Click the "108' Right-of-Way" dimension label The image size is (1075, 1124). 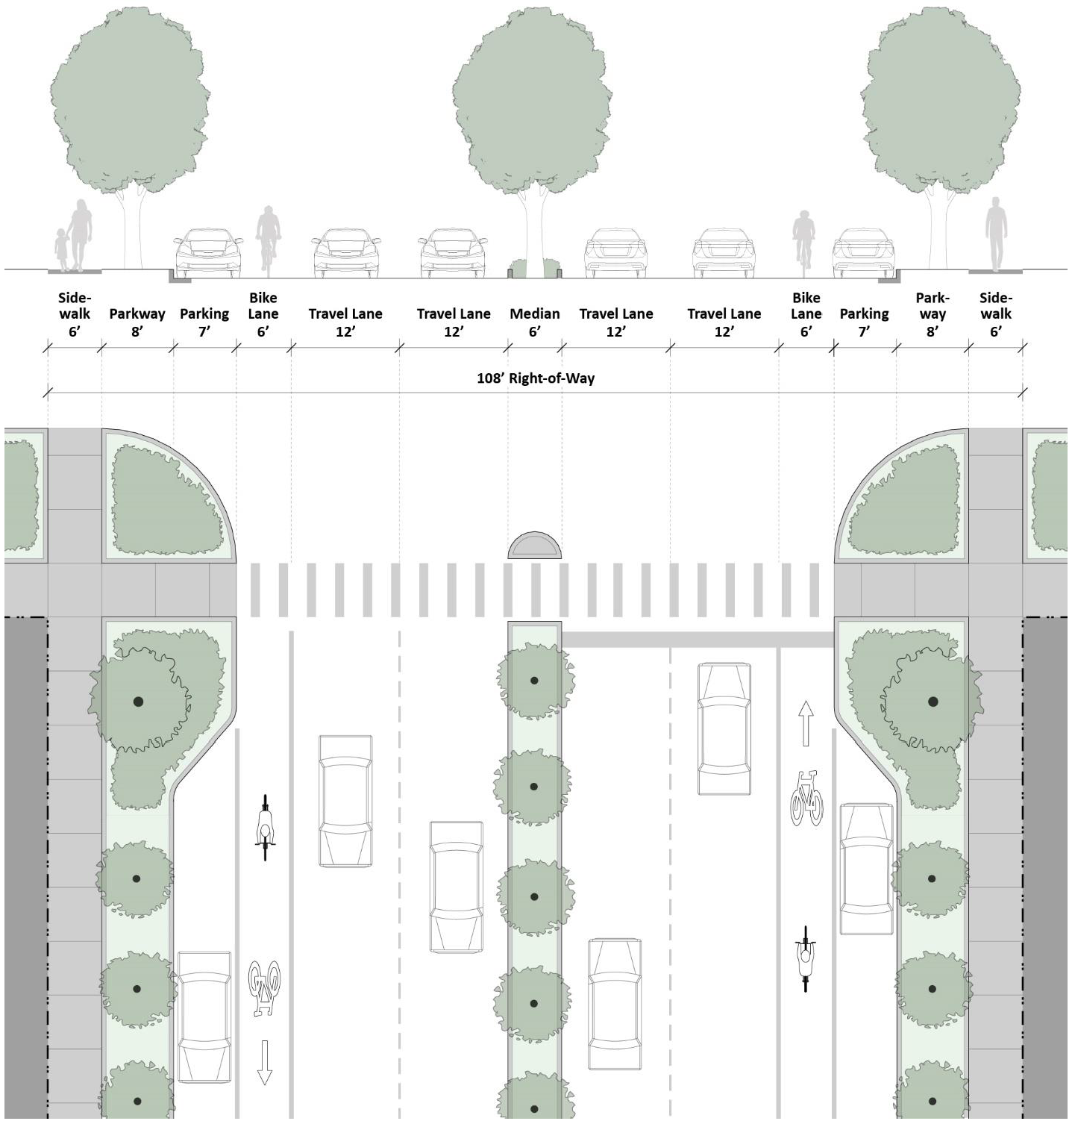[x=536, y=378]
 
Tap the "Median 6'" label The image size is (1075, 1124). [x=534, y=322]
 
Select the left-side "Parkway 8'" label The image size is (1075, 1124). [x=137, y=322]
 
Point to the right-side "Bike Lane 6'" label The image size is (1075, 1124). [x=806, y=314]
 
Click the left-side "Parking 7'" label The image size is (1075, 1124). [x=204, y=322]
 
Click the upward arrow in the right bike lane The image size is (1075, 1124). [x=806, y=722]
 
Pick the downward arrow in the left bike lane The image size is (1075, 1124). [x=264, y=1063]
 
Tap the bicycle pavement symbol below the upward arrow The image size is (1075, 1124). [x=806, y=798]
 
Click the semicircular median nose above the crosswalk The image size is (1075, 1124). [x=534, y=546]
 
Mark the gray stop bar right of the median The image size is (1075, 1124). [x=697, y=640]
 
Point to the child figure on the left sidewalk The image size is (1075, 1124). [x=61, y=249]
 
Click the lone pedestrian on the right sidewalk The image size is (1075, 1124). [x=995, y=233]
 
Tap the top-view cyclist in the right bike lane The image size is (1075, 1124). [x=806, y=958]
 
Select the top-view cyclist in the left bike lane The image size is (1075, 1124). [x=265, y=828]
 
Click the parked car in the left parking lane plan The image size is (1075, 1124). [x=204, y=1017]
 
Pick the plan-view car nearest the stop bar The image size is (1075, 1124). [x=724, y=728]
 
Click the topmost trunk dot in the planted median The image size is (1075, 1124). [x=534, y=681]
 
